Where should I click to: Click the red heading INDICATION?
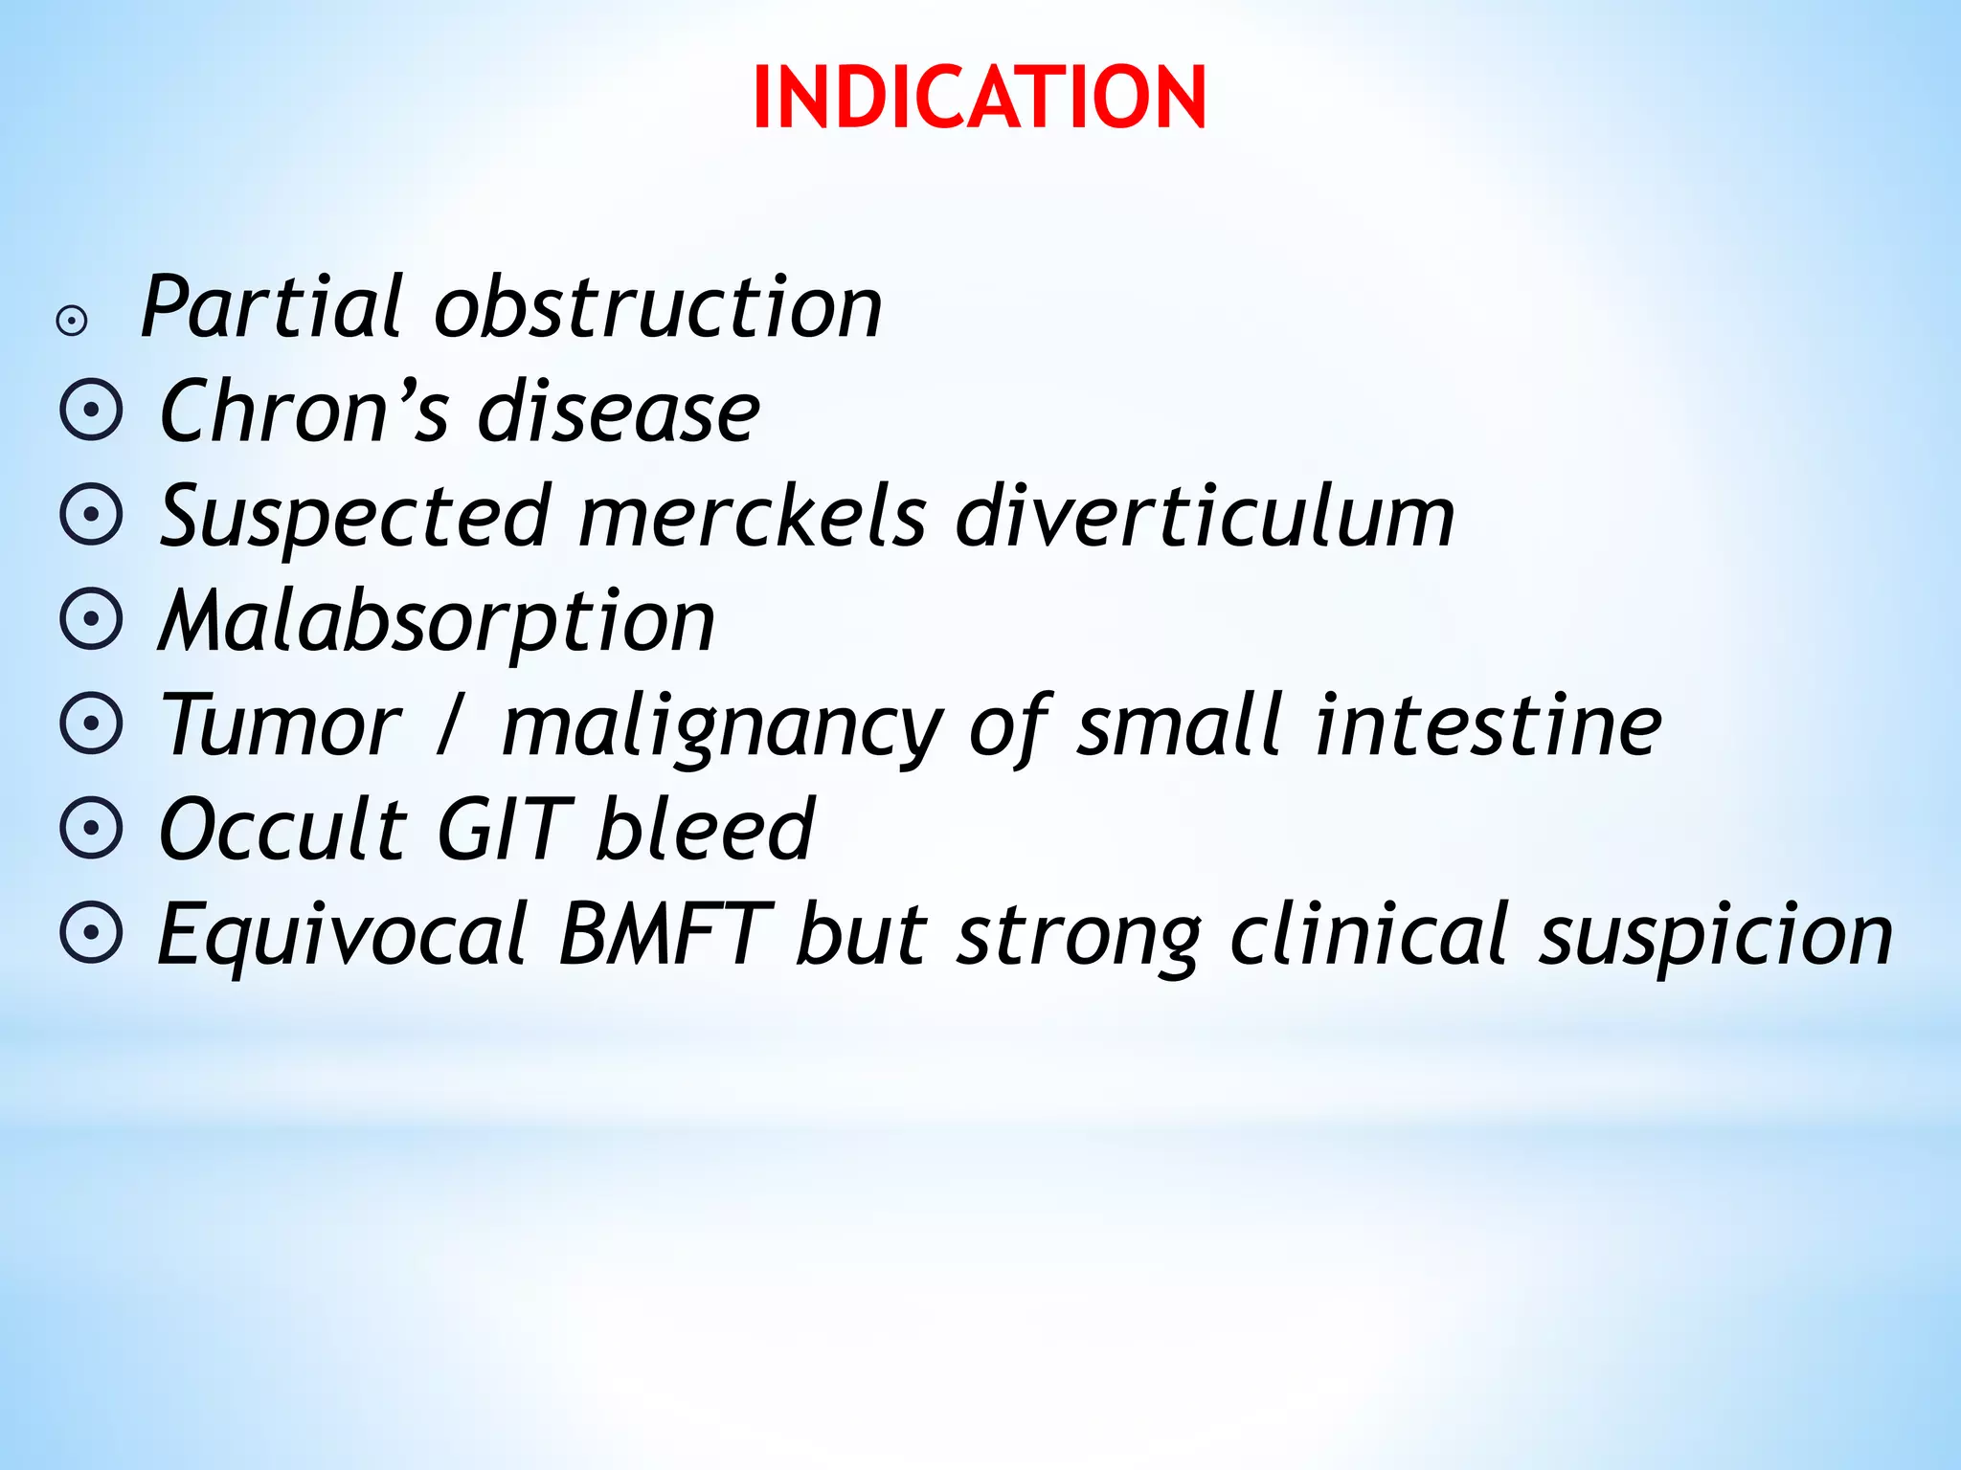(x=979, y=98)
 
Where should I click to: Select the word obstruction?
(x=658, y=307)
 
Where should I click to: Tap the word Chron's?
(x=304, y=412)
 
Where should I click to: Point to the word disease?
(x=619, y=412)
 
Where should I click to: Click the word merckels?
(x=753, y=517)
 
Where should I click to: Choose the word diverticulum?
(x=1205, y=517)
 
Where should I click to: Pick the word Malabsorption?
(x=437, y=622)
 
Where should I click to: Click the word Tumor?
(x=281, y=725)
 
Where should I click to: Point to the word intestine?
(x=1488, y=725)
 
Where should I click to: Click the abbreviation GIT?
(x=504, y=829)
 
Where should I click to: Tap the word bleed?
(x=705, y=829)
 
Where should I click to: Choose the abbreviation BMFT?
(x=665, y=933)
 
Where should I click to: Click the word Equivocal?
(x=343, y=935)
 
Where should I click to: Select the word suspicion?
(x=1715, y=935)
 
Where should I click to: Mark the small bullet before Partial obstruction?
(x=72, y=322)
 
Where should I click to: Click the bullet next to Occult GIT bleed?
(x=92, y=829)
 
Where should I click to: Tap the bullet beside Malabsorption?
(x=92, y=620)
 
